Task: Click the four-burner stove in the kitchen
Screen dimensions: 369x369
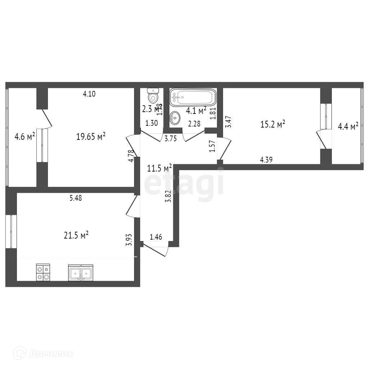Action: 43,272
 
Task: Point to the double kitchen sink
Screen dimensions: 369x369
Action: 80,272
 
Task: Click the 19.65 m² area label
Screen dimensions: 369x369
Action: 91,136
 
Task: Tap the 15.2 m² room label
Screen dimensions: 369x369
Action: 273,124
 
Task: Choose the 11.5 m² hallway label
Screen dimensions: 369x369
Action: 159,168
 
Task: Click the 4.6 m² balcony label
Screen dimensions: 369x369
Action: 25,137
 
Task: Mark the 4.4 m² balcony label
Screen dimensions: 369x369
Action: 348,126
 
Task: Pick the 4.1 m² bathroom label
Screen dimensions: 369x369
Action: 196,110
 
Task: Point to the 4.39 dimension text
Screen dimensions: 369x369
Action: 266,159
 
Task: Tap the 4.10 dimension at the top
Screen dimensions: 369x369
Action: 89,94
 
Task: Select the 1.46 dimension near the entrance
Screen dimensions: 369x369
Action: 156,237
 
